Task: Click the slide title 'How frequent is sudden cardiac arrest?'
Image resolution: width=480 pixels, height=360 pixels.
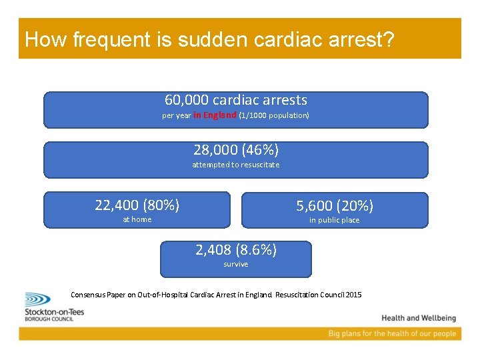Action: tap(209, 39)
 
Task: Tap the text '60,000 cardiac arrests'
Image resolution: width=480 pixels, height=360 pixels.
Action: tap(236, 100)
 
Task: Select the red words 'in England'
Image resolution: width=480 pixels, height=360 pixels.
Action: tap(215, 115)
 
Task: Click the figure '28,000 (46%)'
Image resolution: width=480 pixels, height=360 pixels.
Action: tap(236, 149)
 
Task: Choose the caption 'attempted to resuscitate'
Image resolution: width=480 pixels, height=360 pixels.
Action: tap(236, 165)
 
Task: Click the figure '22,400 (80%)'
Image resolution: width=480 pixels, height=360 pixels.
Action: tap(137, 205)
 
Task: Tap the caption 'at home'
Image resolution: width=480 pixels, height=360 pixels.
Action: tap(137, 219)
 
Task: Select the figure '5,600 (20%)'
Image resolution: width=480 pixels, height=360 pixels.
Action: tap(335, 205)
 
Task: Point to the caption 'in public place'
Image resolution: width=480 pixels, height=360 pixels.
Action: tap(335, 220)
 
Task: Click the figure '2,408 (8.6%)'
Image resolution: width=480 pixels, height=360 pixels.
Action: tap(236, 250)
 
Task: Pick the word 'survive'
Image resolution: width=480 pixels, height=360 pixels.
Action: tap(236, 265)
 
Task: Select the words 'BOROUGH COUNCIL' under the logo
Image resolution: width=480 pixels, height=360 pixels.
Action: tap(49, 319)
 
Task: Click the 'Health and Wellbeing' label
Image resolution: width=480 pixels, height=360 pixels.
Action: tap(419, 318)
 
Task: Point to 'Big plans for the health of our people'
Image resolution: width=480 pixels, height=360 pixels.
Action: tap(392, 333)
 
